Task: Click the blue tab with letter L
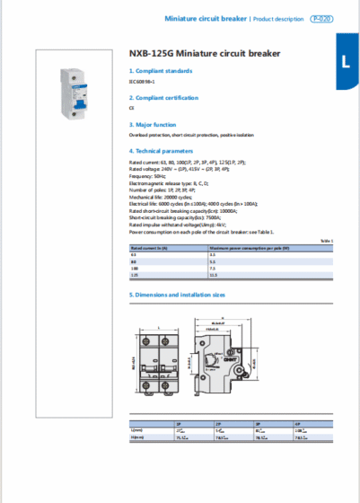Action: click(x=346, y=62)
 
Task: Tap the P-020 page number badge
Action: click(x=320, y=18)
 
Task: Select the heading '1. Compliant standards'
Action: click(x=161, y=70)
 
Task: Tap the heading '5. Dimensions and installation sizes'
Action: click(x=177, y=294)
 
